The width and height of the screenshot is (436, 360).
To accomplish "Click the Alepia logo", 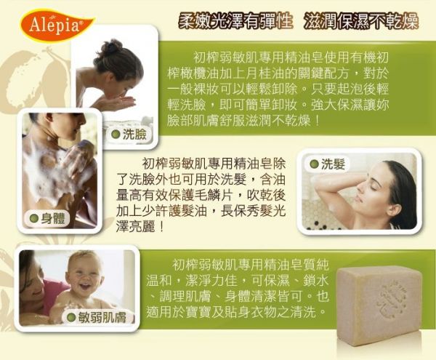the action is coord(57,25).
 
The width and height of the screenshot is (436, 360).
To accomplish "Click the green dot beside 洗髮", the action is coord(314,164).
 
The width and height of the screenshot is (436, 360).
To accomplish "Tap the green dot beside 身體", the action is coord(34,219).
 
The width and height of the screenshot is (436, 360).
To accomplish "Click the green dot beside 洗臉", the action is coord(116,135).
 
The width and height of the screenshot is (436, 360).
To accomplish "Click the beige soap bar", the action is coord(379,305).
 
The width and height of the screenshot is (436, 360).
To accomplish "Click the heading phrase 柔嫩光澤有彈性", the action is coord(235,21).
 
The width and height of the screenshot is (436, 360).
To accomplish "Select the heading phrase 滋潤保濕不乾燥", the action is coord(361,21).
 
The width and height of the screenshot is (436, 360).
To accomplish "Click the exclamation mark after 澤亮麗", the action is coord(161,228).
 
